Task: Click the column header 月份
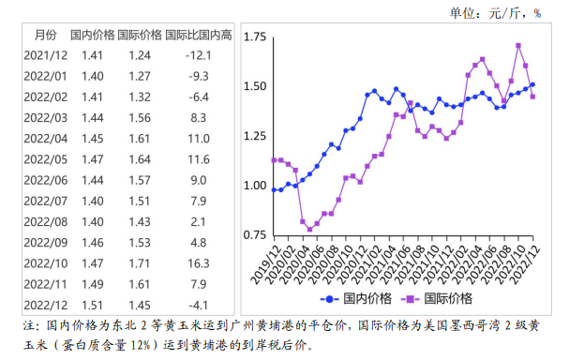(44, 36)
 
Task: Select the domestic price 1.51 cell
(92, 306)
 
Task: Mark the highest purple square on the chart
(518, 45)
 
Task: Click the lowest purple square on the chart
(310, 228)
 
